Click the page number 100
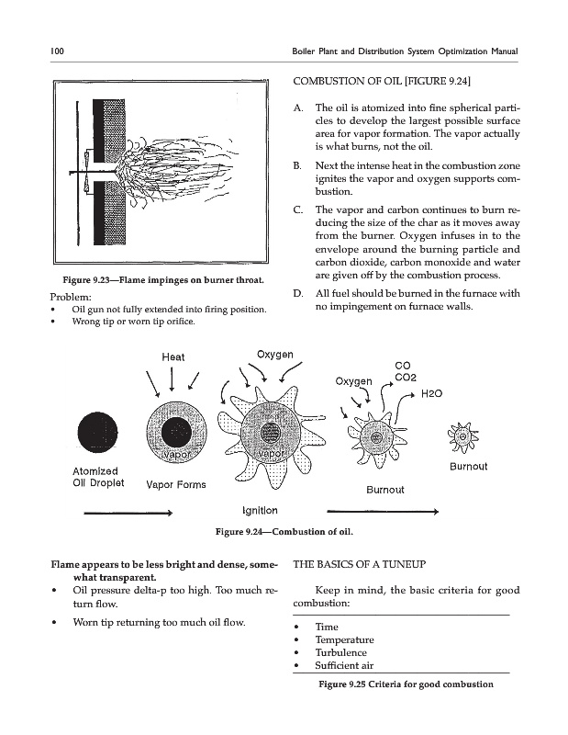pyautogui.click(x=57, y=51)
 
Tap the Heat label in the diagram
pyautogui.click(x=173, y=357)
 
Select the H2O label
pyautogui.click(x=431, y=393)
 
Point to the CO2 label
pyautogui.click(x=406, y=378)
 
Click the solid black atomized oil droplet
pyautogui.click(x=98, y=432)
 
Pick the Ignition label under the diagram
pyautogui.click(x=260, y=511)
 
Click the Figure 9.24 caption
pyautogui.click(x=284, y=532)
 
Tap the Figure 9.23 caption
pyautogui.click(x=163, y=280)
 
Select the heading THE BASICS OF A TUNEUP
pyautogui.click(x=359, y=564)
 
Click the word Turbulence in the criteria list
pyautogui.click(x=341, y=652)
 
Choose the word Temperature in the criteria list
pyautogui.click(x=345, y=639)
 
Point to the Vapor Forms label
pyautogui.click(x=176, y=485)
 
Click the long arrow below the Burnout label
pyautogui.click(x=383, y=512)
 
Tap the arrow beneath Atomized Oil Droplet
pyautogui.click(x=128, y=514)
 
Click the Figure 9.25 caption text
pyautogui.click(x=406, y=684)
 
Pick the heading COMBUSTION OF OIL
pyautogui.click(x=382, y=82)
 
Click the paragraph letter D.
pyautogui.click(x=298, y=294)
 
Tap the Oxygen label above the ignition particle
pyautogui.click(x=275, y=355)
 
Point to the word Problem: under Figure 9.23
pyautogui.click(x=71, y=297)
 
